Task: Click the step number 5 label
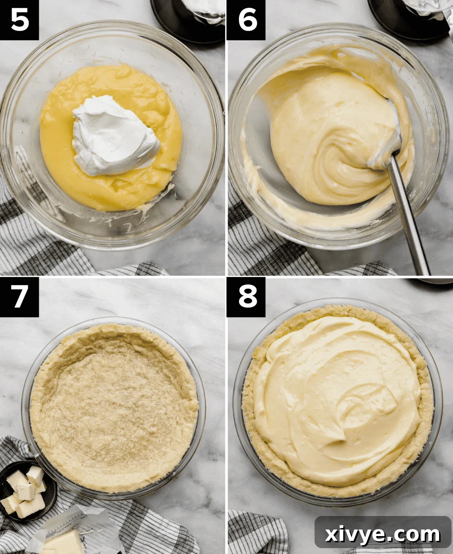[x=19, y=20]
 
